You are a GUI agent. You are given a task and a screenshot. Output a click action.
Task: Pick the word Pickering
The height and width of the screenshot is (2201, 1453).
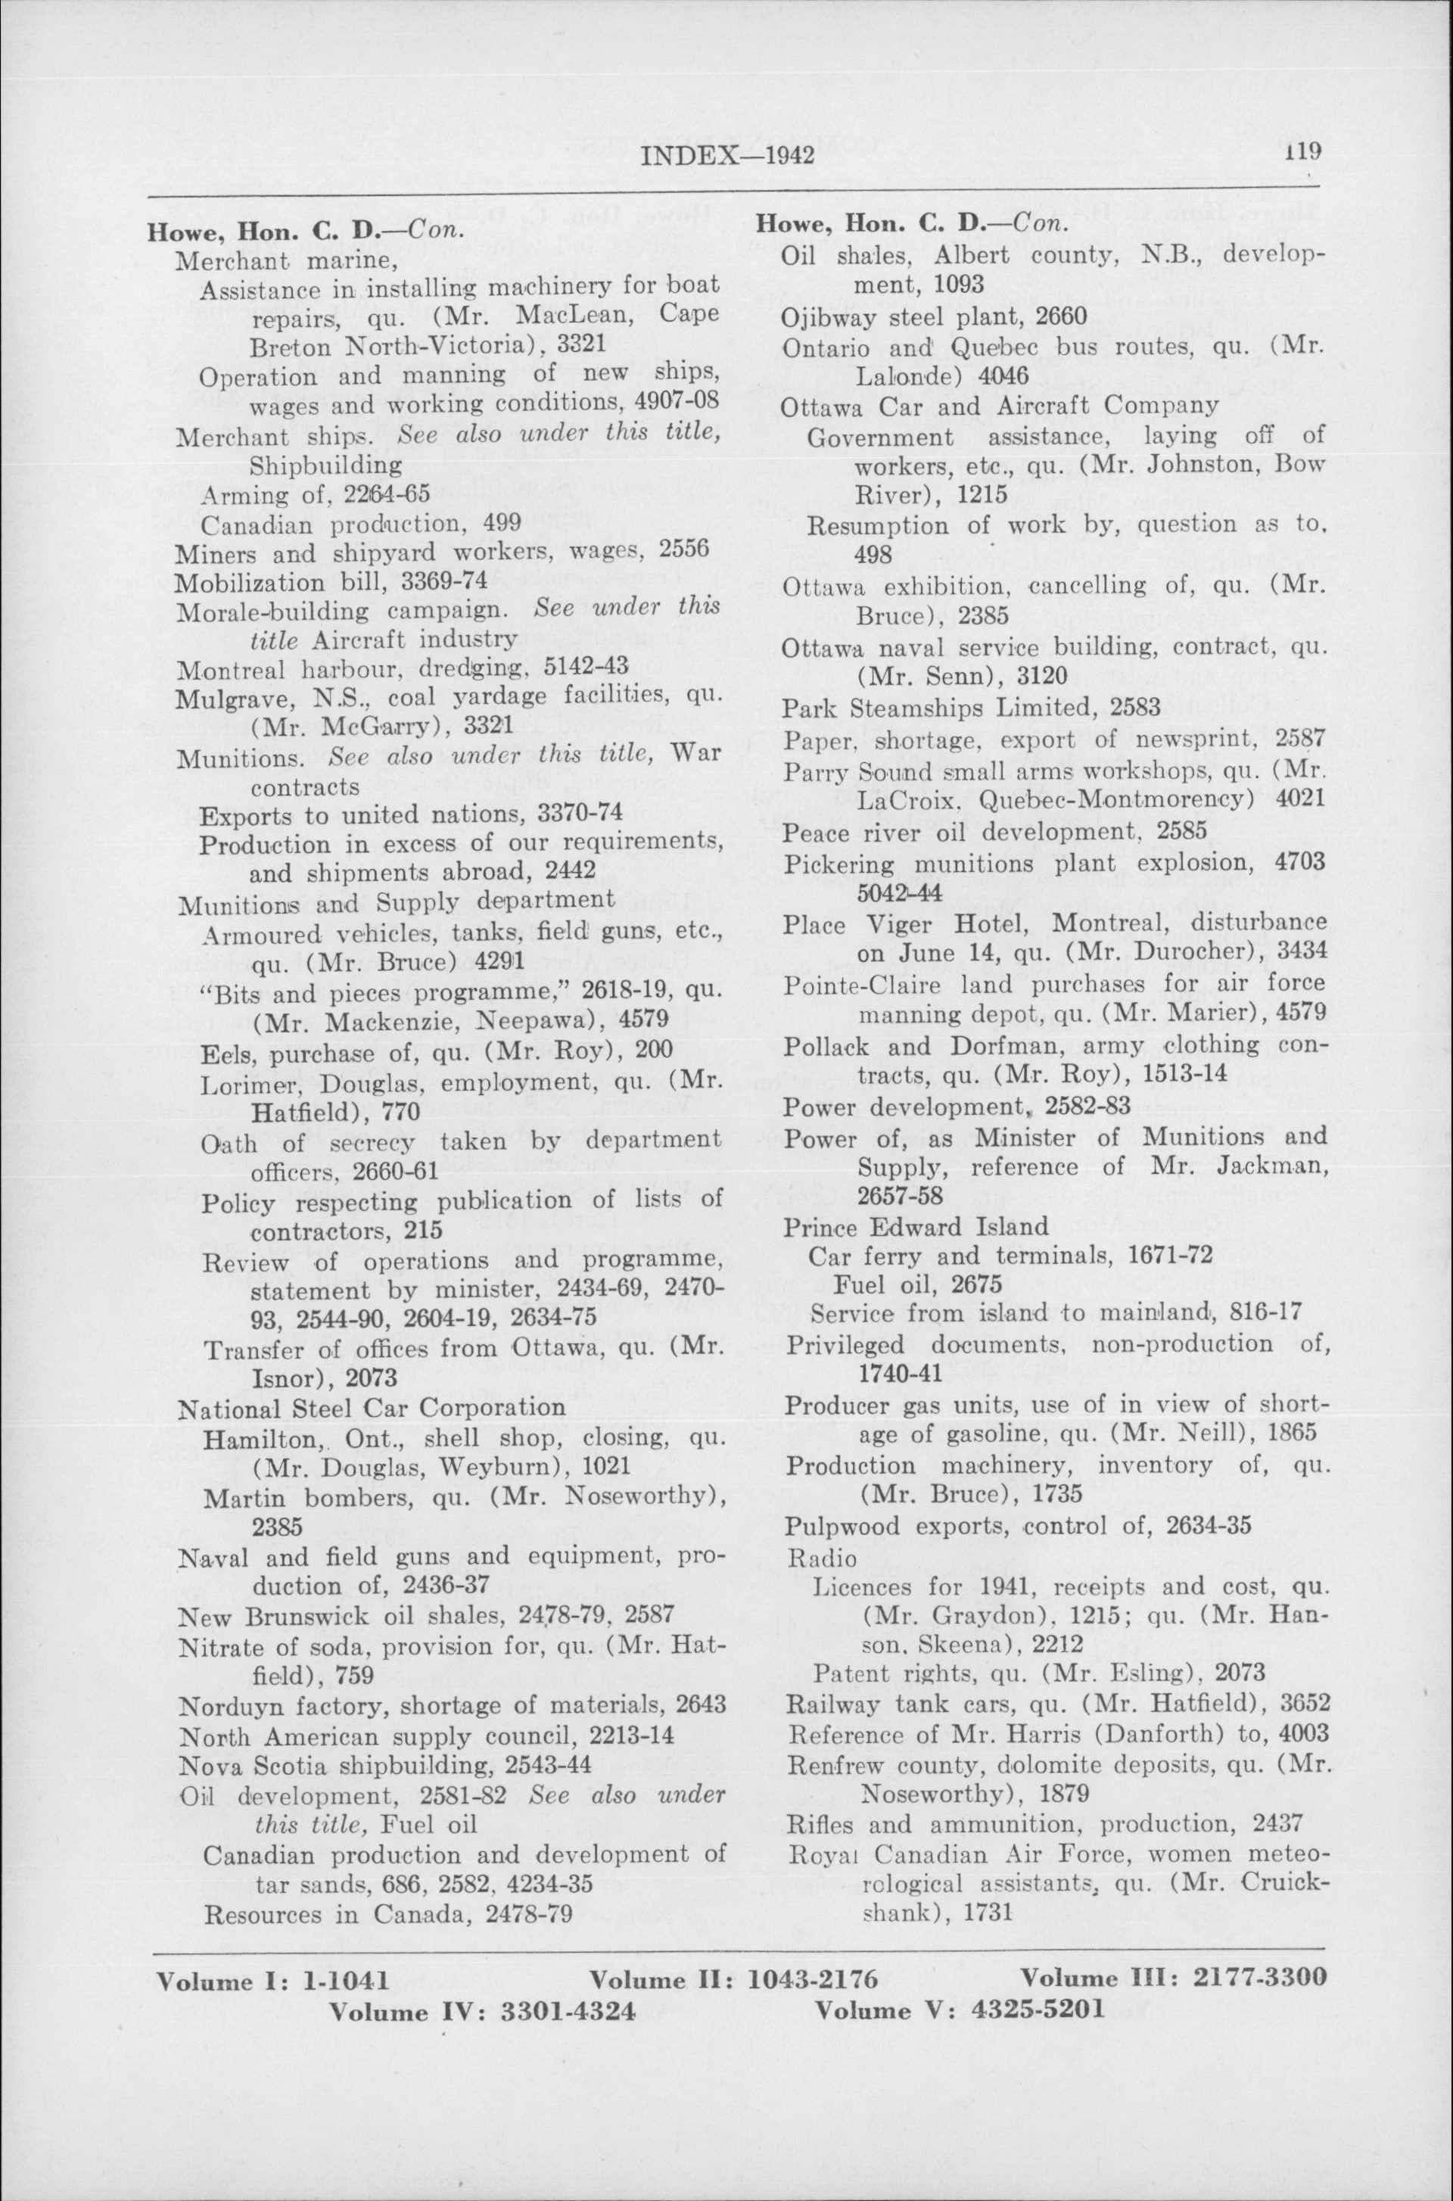point(826,864)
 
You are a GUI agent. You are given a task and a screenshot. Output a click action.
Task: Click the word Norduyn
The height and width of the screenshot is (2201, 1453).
point(222,1706)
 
